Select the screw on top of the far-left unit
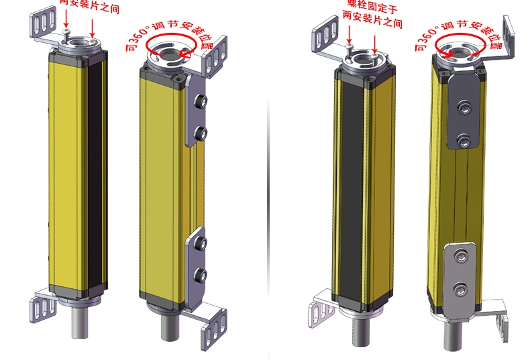[x=65, y=32]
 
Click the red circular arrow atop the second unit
[x=172, y=47]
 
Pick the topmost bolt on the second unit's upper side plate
[x=199, y=101]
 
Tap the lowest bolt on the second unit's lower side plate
[x=199, y=273]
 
